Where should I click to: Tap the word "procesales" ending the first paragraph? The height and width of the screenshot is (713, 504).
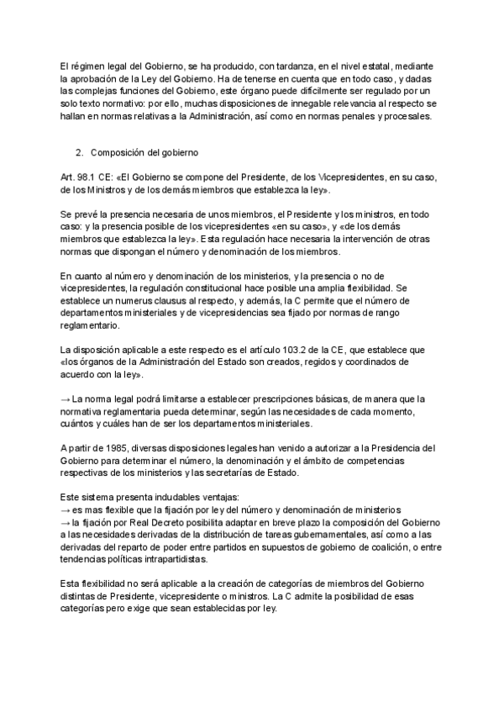click(x=405, y=116)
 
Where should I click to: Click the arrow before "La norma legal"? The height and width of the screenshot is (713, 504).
click(x=66, y=399)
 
